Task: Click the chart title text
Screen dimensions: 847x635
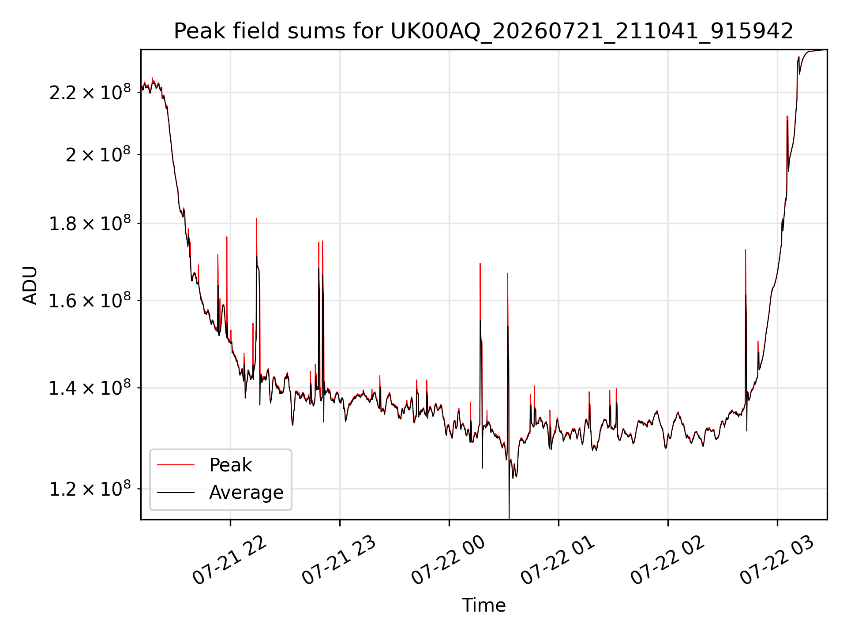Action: (483, 31)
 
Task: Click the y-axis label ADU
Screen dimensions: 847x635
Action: (30, 285)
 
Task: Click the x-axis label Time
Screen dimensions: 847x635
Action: (483, 605)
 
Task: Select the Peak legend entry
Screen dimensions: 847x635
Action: (230, 465)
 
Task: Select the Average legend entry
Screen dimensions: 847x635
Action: (246, 492)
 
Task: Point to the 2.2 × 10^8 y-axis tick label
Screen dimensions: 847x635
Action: (90, 92)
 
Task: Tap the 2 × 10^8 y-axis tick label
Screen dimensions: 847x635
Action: (98, 154)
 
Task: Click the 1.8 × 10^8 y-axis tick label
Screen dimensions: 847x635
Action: (90, 223)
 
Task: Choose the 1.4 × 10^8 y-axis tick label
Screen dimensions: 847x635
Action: (90, 388)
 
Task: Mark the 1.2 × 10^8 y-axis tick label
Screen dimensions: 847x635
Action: (90, 489)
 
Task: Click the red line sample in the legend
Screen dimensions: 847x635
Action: (176, 465)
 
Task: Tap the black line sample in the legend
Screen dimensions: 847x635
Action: (176, 492)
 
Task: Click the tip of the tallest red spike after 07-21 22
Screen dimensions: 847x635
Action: (787, 116)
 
